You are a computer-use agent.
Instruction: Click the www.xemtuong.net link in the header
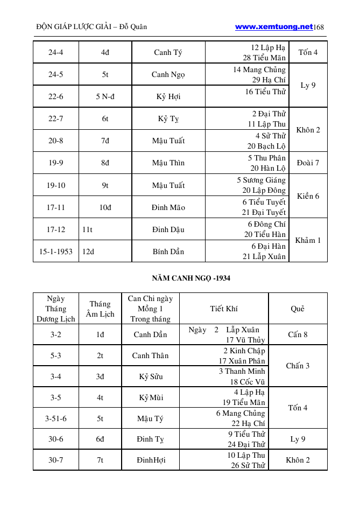coord(274,26)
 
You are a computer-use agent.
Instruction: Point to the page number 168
coord(319,27)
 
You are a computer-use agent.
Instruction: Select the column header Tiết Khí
coord(224,309)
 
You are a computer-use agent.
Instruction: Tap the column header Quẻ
coord(298,309)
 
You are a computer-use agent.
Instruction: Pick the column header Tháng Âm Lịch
coord(100,309)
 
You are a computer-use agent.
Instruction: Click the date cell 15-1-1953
coord(56,251)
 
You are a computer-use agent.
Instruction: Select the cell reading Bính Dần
coord(168,251)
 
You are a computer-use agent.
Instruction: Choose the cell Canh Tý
coord(168,53)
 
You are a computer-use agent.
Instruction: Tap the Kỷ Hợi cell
coord(169,97)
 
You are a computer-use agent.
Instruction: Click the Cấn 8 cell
coord(298,334)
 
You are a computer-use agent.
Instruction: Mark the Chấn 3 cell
coord(298,366)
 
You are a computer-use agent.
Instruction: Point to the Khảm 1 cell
coord(308,240)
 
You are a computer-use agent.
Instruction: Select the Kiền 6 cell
coord(308,196)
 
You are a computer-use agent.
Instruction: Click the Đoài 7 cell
coord(308,163)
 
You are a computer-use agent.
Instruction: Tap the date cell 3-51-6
coord(56,418)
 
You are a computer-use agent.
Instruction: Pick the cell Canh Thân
coord(150,355)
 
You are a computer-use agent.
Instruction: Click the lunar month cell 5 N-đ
coord(105,97)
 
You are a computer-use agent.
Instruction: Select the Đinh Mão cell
coord(168,207)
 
